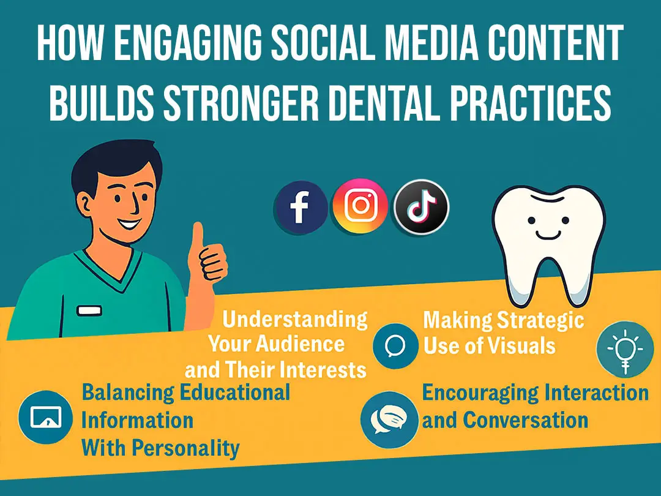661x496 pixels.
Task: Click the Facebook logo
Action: (x=300, y=207)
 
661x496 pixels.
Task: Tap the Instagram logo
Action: (x=360, y=205)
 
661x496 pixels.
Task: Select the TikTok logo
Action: (x=421, y=207)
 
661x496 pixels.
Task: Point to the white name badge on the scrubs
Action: (x=89, y=310)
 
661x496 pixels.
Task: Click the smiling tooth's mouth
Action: (x=548, y=235)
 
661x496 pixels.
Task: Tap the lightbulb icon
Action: (x=625, y=350)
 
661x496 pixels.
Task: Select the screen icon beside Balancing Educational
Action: (x=46, y=417)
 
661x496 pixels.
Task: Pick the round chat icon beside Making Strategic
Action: (x=395, y=345)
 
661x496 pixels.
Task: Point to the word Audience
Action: (x=301, y=344)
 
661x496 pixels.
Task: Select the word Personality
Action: (x=185, y=448)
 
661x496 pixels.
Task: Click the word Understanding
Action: (x=294, y=319)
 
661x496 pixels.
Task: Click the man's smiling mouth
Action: (x=128, y=223)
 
